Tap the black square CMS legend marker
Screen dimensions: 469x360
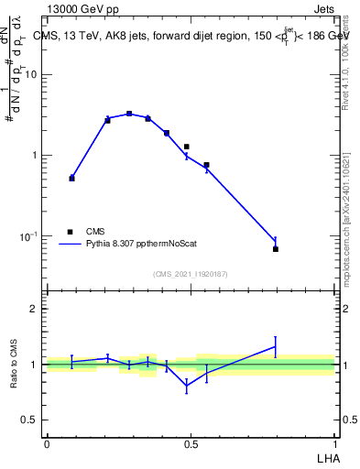click(x=70, y=232)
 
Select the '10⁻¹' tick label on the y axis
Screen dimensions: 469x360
click(x=30, y=236)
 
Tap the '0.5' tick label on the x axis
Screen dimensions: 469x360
click(x=191, y=444)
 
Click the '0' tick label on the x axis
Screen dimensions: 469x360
click(x=47, y=444)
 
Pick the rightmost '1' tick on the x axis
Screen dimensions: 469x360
click(x=335, y=444)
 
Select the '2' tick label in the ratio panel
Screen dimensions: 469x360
click(x=35, y=309)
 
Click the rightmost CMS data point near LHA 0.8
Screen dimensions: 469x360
click(x=276, y=249)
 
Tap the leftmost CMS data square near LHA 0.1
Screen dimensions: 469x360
click(x=72, y=178)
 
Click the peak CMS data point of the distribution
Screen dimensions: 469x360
click(x=129, y=114)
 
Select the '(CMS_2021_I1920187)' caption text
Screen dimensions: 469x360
click(x=191, y=274)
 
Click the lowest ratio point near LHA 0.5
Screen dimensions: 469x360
click(x=187, y=387)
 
